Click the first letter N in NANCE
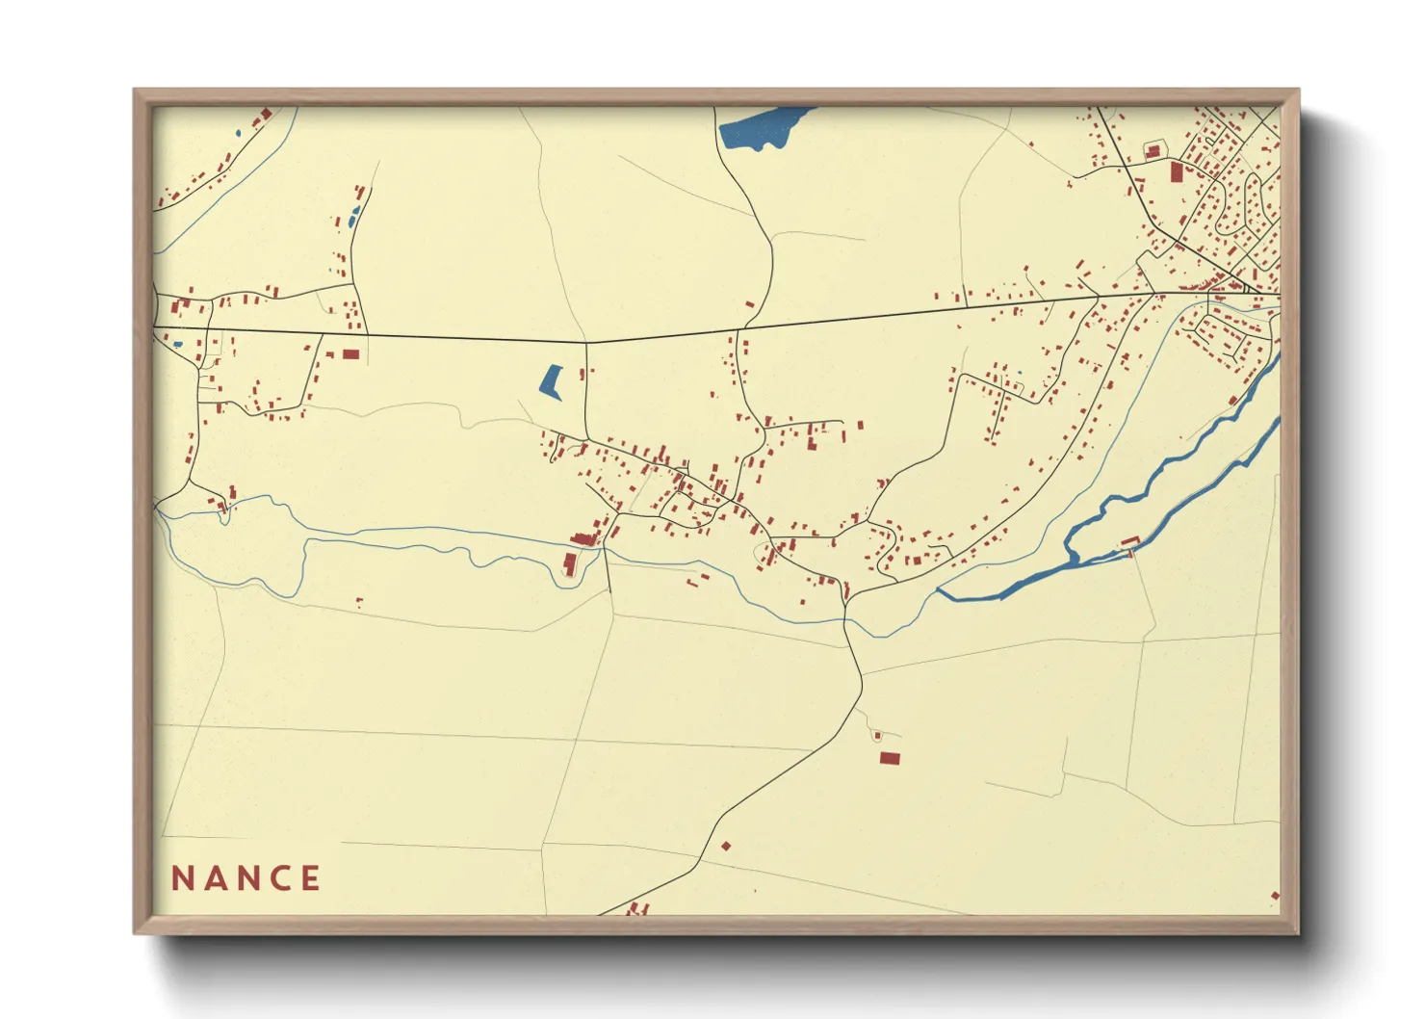(x=184, y=878)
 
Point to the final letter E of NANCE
(x=310, y=878)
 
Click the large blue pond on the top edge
(x=761, y=128)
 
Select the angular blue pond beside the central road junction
(x=552, y=381)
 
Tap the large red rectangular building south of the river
(x=890, y=759)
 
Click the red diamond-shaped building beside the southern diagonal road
(x=726, y=847)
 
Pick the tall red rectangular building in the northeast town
(x=1176, y=172)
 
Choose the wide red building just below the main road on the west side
(x=350, y=354)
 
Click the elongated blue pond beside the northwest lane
(x=353, y=216)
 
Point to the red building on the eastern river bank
(x=1129, y=542)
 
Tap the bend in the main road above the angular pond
(x=587, y=342)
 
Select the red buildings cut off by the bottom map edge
(x=637, y=908)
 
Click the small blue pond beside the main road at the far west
(x=177, y=344)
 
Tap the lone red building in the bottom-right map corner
(x=1275, y=896)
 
